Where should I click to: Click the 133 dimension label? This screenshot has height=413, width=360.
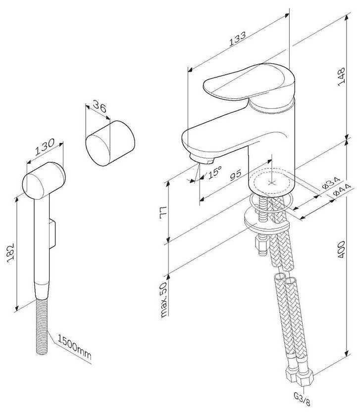[x=237, y=39]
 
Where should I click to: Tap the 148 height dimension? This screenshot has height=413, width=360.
[x=342, y=77]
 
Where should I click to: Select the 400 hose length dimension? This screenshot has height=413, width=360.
[x=341, y=249]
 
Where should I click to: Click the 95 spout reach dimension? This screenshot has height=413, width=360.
[x=236, y=175]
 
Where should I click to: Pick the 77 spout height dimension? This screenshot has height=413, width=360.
[x=163, y=212]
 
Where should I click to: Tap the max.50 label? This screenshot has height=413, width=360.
[x=164, y=300]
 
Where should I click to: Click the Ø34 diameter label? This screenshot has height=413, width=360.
[x=331, y=183]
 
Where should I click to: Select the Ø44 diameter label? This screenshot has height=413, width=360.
[x=342, y=190]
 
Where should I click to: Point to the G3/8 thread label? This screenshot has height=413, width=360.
[x=302, y=400]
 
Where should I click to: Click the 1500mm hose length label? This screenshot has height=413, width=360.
[x=74, y=347]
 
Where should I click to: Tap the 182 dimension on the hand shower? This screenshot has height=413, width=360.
[x=10, y=253]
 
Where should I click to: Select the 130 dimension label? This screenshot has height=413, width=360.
[x=45, y=146]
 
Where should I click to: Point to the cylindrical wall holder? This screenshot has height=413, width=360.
[x=110, y=143]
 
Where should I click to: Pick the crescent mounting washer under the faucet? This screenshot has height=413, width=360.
[x=266, y=220]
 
